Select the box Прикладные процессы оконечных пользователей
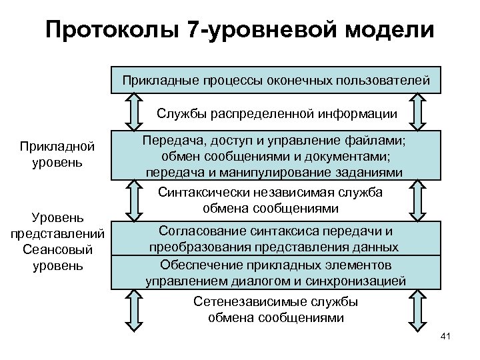coord(275,81)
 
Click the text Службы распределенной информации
coord(277,113)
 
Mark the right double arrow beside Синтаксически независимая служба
coord(418,203)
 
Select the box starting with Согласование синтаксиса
coord(275,239)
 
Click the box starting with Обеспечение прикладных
coord(275,272)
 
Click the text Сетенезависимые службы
coord(276,302)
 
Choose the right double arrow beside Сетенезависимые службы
coord(418,311)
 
